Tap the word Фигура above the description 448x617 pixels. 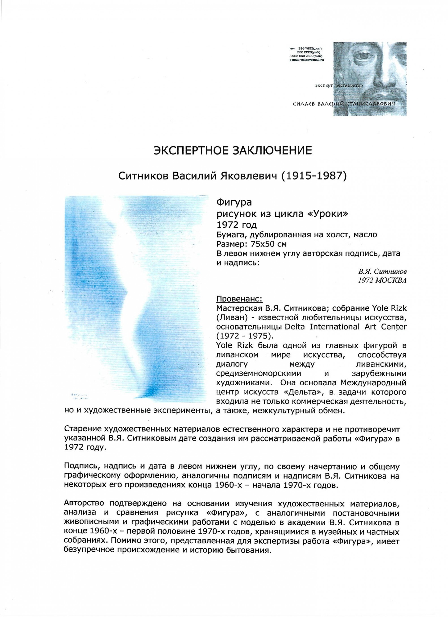click(234, 203)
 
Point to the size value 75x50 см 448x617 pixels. click(265, 244)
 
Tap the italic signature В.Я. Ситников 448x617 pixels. click(382, 272)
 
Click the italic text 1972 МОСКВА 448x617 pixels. click(382, 280)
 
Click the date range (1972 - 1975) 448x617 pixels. click(243, 336)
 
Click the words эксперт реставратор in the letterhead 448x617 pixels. click(339, 86)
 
